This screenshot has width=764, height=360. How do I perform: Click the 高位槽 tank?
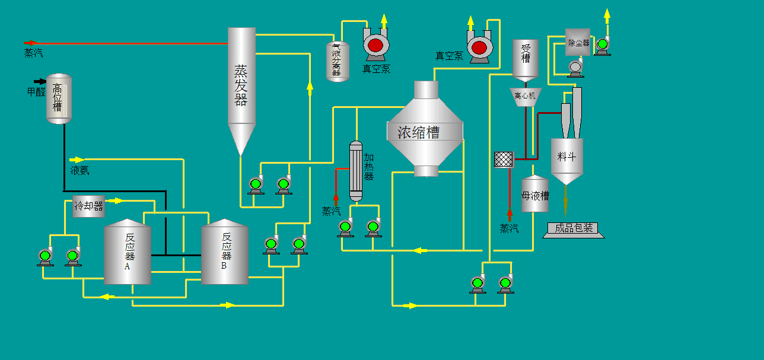(59, 98)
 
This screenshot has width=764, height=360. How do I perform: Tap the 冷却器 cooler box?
(88, 206)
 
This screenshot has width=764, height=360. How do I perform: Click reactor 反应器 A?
(128, 252)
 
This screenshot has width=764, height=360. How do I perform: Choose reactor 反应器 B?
(225, 252)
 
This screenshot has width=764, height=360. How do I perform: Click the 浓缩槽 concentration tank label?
(418, 132)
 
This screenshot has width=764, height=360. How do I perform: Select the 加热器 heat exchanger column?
(355, 171)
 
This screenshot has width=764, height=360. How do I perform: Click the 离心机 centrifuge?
(526, 96)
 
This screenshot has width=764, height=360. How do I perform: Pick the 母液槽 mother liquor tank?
(535, 195)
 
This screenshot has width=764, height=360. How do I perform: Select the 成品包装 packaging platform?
(573, 229)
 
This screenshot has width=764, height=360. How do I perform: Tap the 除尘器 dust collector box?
(578, 43)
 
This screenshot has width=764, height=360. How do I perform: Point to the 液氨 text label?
(79, 171)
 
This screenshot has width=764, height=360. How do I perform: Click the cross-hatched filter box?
(504, 159)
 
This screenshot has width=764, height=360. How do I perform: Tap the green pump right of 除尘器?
(602, 45)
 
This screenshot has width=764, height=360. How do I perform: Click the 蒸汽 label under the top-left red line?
(33, 53)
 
